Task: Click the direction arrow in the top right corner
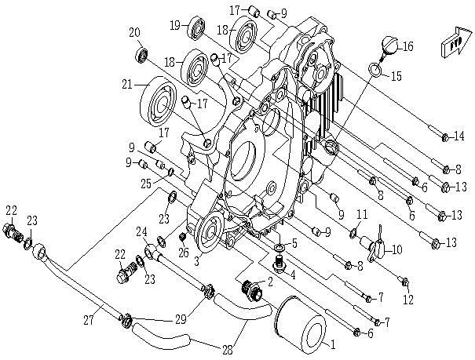pyautogui.click(x=456, y=40)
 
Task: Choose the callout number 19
pyautogui.click(x=174, y=26)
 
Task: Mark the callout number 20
pyautogui.click(x=134, y=31)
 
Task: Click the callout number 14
pyautogui.click(x=459, y=136)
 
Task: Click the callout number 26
pyautogui.click(x=183, y=252)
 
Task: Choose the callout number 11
pyautogui.click(x=362, y=214)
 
